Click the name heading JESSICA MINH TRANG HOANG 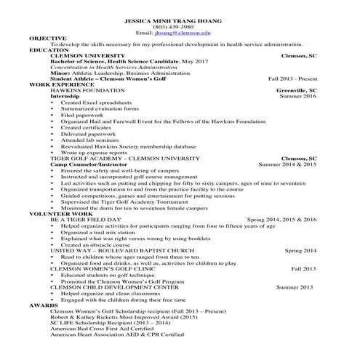[179, 20]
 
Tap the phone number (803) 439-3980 [179, 27]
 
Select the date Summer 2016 [298, 96]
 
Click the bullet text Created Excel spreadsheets [93, 103]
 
